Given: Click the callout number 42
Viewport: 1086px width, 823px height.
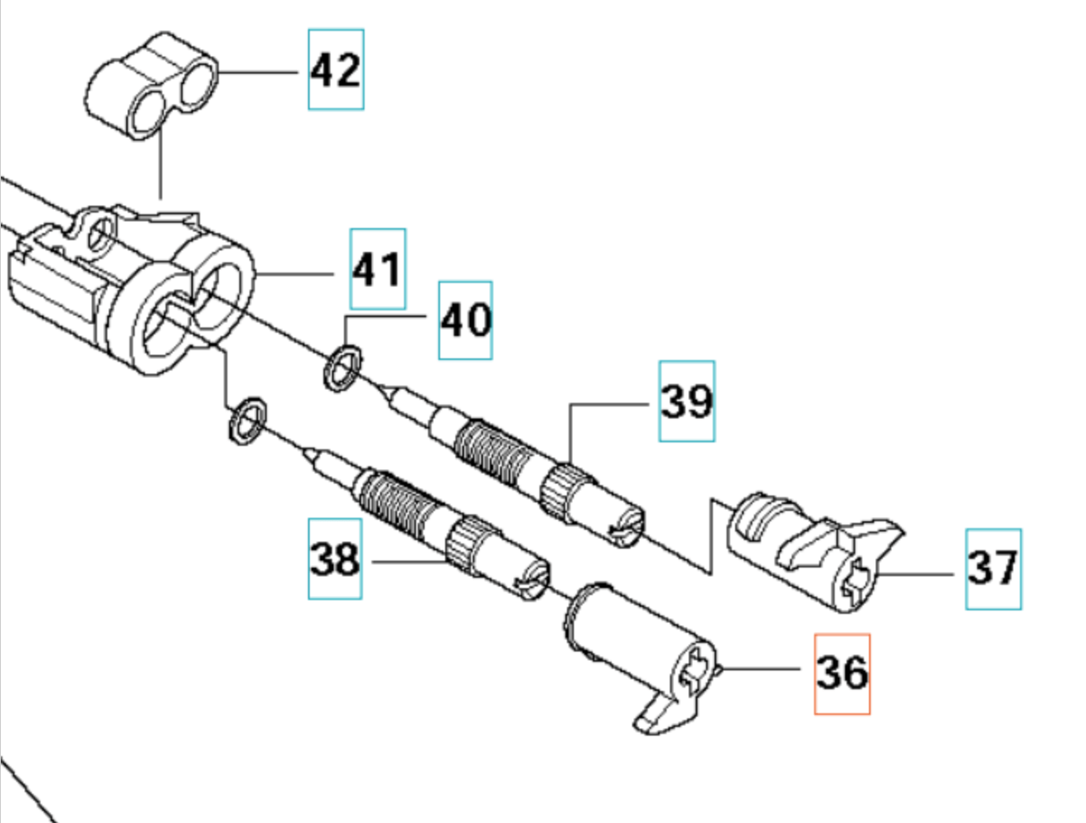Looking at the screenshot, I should [x=335, y=69].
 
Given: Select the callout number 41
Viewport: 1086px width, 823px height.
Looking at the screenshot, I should [x=377, y=269].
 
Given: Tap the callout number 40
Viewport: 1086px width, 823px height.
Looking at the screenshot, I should [x=465, y=320].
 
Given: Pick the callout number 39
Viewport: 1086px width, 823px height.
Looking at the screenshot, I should [x=686, y=400].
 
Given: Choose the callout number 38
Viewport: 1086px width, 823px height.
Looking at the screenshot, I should [x=335, y=559].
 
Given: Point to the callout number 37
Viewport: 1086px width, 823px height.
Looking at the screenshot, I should [x=992, y=568].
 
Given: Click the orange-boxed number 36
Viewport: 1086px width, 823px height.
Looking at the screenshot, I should [x=842, y=673].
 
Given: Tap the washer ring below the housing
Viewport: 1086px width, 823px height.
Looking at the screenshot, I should [x=247, y=421].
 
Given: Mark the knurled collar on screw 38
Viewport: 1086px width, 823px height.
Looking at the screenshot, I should [x=464, y=543].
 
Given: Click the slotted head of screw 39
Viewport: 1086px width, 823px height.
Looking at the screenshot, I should [x=627, y=525].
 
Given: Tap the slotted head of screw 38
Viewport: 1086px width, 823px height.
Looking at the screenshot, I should [x=532, y=577].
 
